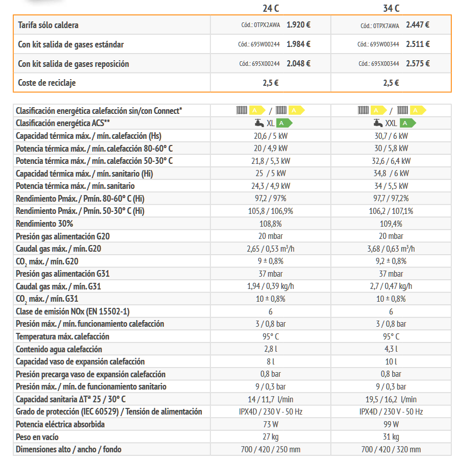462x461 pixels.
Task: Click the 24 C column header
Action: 270,8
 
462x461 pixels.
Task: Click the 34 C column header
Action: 391,8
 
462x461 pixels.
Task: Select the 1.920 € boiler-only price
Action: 299,25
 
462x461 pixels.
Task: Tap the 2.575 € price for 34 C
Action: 418,63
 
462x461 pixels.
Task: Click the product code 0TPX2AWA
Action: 261,25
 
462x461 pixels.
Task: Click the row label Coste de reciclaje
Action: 47,82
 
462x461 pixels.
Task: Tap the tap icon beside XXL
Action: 377,123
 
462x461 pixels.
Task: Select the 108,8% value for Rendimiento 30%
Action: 270,224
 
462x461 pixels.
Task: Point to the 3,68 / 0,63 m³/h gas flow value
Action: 391,249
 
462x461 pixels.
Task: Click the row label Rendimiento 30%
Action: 44,224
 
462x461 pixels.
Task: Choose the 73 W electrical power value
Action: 270,424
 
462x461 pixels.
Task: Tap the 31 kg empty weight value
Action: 391,437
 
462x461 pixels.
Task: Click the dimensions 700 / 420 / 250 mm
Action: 270,449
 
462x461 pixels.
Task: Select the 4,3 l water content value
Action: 391,349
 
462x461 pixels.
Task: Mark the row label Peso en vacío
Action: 37,437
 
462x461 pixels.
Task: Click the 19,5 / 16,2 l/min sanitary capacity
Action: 391,399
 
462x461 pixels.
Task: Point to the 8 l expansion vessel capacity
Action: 270,361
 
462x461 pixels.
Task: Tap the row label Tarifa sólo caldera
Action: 48,25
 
